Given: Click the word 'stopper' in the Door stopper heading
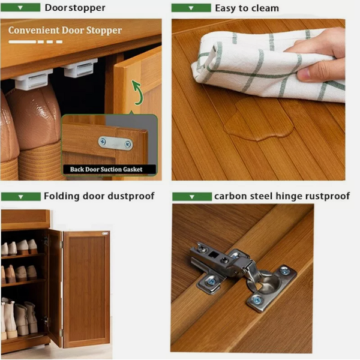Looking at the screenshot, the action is point(87,8).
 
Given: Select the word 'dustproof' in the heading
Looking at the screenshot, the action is point(131,196).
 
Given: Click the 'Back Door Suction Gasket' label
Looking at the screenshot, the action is point(106,169).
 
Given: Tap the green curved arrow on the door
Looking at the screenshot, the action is point(137,92).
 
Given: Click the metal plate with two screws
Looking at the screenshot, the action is point(116,143).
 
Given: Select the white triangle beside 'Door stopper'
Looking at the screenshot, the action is point(20,8).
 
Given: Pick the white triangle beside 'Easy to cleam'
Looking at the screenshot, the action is point(191,8).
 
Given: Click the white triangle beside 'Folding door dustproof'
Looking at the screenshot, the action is point(20,197).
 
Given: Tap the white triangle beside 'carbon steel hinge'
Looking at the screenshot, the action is point(192,197).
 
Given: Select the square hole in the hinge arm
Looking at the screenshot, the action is point(214,254).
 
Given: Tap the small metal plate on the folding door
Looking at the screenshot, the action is point(105,234).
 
